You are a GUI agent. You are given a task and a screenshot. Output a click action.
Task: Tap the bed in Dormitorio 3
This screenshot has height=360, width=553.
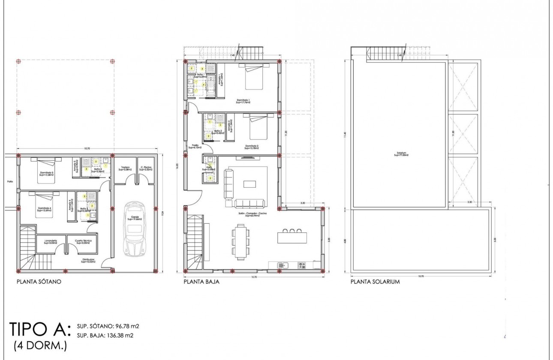pyautogui.click(x=46, y=170)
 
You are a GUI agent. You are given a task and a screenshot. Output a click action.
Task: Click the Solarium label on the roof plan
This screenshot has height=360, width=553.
pyautogui.click(x=401, y=154)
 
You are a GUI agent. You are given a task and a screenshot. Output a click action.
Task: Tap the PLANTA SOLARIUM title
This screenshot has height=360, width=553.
pyautogui.click(x=375, y=282)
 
